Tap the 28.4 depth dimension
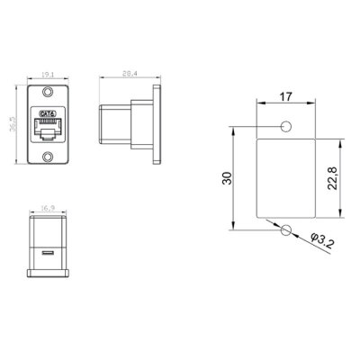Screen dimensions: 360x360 pyautogui.click(x=131, y=76)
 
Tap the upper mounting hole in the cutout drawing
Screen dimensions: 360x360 pyautogui.click(x=285, y=128)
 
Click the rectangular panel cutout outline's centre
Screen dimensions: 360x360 pyautogui.click(x=285, y=179)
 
